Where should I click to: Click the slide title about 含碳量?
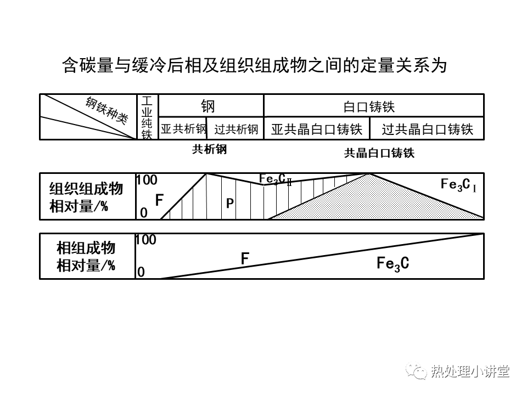tap(255, 66)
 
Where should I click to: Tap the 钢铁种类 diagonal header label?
tap(106, 113)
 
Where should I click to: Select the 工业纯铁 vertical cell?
tap(147, 117)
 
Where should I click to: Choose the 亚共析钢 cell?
tap(183, 129)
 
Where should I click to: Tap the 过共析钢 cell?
tap(236, 129)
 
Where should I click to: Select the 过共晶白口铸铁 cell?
tap(427, 129)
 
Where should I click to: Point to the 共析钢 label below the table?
tap(209, 150)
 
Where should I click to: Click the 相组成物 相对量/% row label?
tap(86, 257)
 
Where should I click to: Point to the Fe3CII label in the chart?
tap(275, 179)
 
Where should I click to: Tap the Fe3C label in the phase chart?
tap(393, 263)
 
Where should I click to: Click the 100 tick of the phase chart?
tap(147, 240)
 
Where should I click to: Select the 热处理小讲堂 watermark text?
tap(470, 371)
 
